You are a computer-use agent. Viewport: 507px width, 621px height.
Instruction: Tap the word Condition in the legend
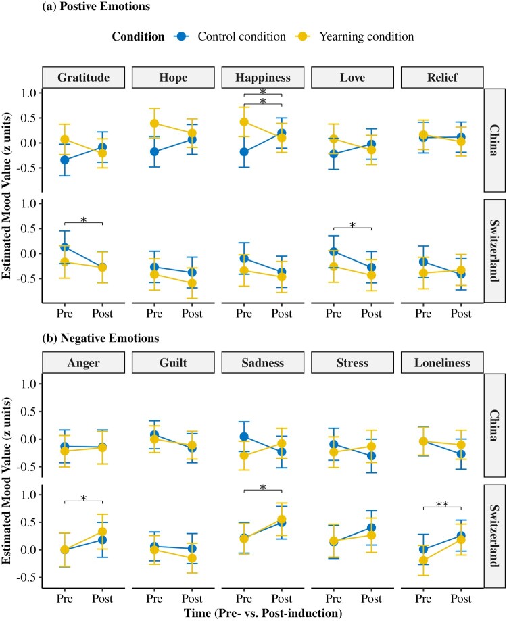(139, 36)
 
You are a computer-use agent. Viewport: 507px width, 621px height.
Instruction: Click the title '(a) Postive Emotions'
(57, 7)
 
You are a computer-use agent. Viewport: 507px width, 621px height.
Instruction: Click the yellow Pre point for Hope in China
(154, 124)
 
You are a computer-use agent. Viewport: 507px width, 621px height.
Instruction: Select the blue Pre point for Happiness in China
(243, 152)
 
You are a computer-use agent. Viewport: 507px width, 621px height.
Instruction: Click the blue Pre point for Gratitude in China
(64, 159)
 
